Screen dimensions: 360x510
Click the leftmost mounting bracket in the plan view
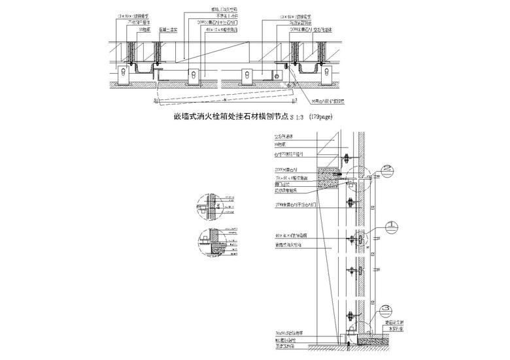(x=122, y=77)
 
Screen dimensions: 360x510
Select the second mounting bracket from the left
(x=195, y=77)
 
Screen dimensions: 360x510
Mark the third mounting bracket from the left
(x=249, y=77)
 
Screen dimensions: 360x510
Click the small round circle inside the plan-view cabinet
(x=277, y=77)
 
